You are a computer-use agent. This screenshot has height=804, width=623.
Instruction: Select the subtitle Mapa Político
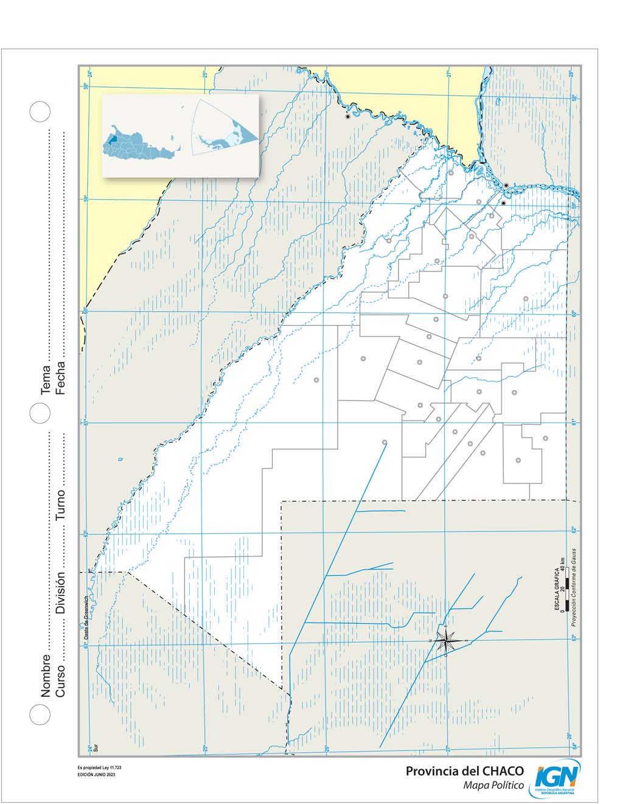pos(493,786)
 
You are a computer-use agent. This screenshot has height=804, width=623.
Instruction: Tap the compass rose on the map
pos(446,640)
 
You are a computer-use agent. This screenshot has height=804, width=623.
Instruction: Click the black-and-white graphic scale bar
pos(566,589)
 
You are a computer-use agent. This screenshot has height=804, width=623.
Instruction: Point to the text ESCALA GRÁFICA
pos(556,587)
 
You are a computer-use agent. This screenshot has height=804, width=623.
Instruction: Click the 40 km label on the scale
pos(563,563)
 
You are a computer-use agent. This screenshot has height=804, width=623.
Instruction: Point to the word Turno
pos(60,505)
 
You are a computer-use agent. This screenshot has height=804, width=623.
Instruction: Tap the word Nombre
pos(46,675)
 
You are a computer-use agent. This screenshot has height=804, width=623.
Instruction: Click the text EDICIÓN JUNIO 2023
pos(96,774)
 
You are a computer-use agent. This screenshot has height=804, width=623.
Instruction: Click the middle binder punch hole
pos(40,413)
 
